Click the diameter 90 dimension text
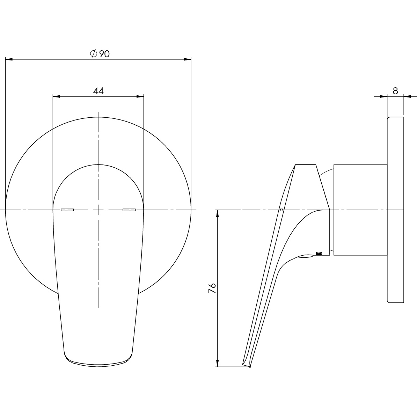coord(100,54)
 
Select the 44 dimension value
coord(98,91)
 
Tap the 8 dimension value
coord(395,91)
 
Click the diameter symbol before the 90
coord(93,54)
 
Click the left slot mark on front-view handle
coord(67,210)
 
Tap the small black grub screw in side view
coord(318,254)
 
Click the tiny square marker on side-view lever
coord(281,210)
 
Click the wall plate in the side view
coord(395,210)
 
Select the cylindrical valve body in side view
coord(360,210)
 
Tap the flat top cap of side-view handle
coord(306,164)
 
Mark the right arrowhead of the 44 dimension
coord(140,96)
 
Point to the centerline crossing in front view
coord(98,210)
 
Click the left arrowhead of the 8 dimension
coord(384,96)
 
